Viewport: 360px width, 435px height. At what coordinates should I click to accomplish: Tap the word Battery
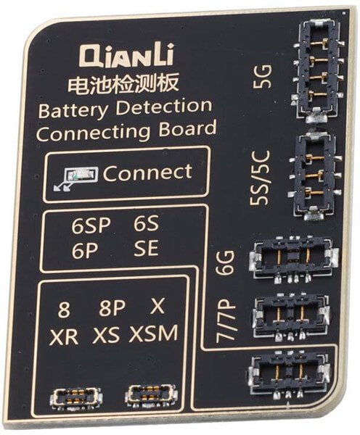click(x=73, y=111)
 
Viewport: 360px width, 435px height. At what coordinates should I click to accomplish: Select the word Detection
click(x=164, y=107)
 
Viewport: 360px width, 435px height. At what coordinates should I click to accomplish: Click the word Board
click(x=187, y=129)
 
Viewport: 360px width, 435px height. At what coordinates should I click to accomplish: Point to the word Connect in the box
click(x=147, y=173)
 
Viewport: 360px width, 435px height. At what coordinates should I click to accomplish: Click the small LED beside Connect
click(x=81, y=175)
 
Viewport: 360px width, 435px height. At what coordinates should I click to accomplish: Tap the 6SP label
click(x=91, y=225)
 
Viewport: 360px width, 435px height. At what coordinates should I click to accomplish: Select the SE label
click(x=146, y=248)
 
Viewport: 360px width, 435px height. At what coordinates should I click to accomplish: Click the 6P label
click(x=85, y=252)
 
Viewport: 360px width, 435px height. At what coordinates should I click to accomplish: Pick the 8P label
click(x=112, y=307)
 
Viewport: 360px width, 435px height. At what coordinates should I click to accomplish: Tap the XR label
click(x=64, y=336)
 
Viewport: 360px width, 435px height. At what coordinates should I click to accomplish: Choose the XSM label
click(x=153, y=333)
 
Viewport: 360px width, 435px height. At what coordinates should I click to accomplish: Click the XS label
click(x=106, y=335)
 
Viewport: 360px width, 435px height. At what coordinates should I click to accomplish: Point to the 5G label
click(x=262, y=76)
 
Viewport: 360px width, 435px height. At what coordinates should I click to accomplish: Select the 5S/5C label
click(x=260, y=178)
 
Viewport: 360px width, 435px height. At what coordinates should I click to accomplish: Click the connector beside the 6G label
click(x=293, y=259)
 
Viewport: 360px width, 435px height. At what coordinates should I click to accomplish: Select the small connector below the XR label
click(x=75, y=397)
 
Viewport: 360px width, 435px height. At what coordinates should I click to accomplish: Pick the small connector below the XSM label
click(x=151, y=395)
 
